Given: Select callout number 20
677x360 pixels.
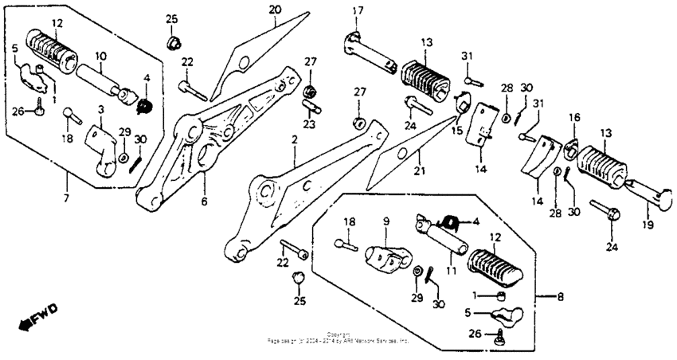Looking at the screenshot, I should (275, 10).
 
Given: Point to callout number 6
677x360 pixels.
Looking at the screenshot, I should (204, 202).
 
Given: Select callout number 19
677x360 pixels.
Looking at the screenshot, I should (648, 225).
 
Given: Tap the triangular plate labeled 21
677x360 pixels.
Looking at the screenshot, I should (406, 151).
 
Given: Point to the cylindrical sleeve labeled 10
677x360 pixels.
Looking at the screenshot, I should (101, 79).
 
